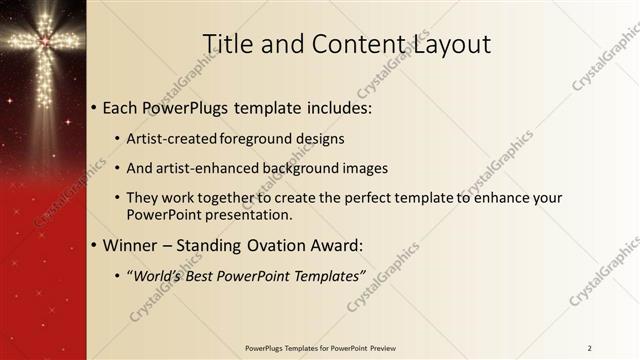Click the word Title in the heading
(227, 44)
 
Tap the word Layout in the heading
(449, 44)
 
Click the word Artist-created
(173, 138)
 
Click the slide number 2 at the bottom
(590, 348)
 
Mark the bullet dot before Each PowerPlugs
(95, 106)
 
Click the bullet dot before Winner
(95, 246)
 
